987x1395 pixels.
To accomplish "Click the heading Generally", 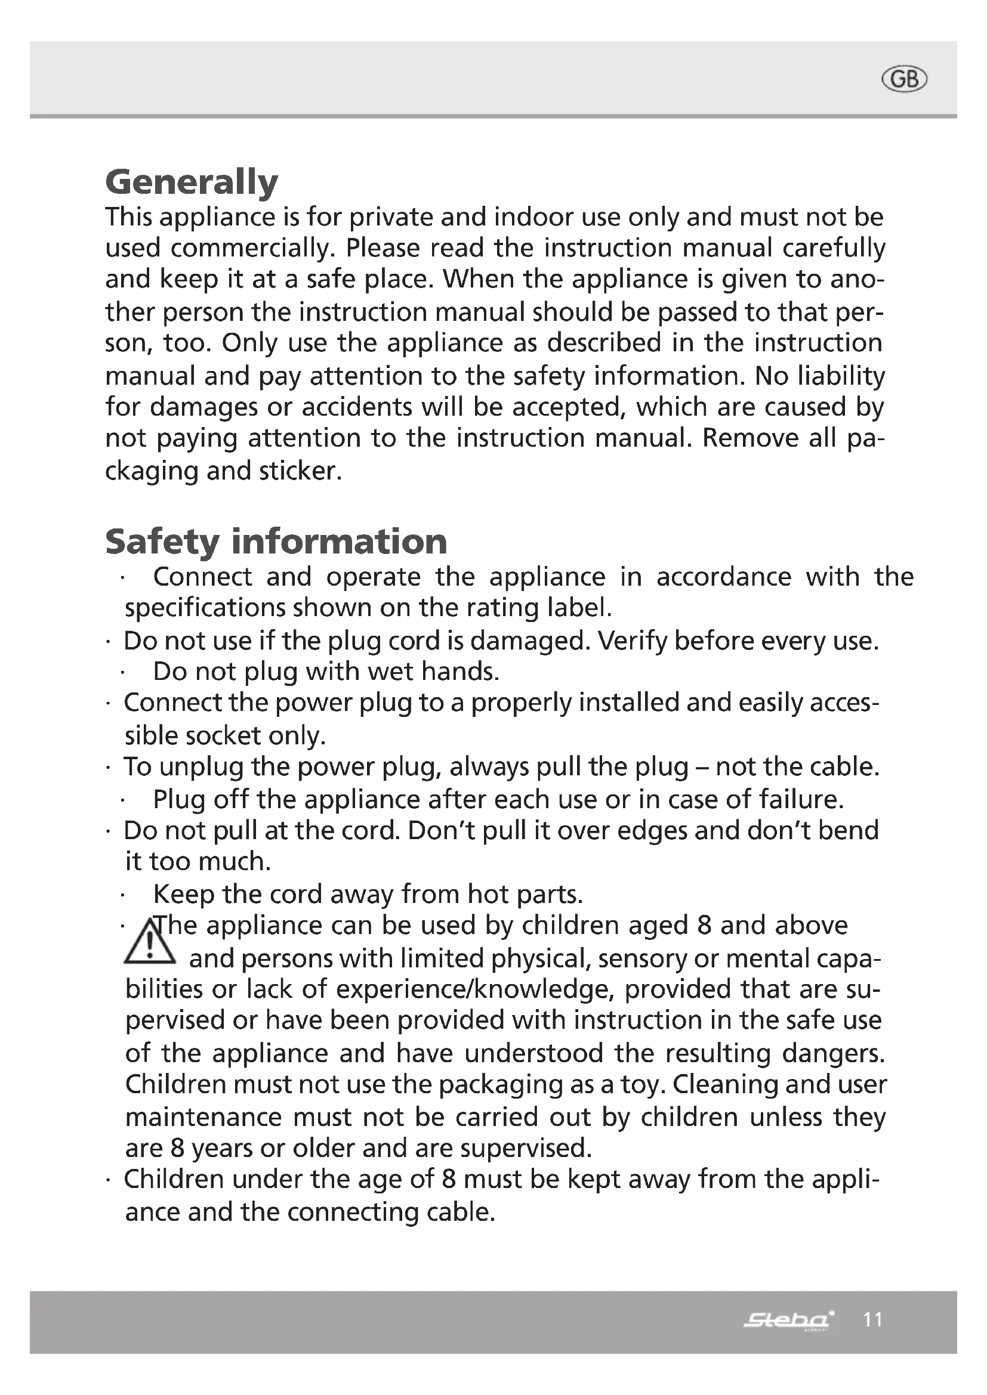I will (x=192, y=182).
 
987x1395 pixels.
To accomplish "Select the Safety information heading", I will (x=276, y=542).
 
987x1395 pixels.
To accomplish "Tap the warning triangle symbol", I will (x=149, y=943).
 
